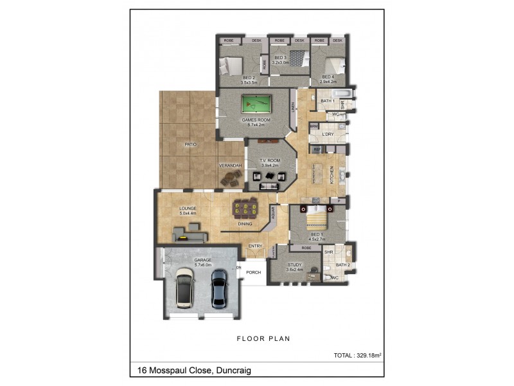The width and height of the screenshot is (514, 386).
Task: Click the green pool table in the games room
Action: click(255, 104)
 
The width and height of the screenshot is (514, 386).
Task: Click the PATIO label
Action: click(190, 145)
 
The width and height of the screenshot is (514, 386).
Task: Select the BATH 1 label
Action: click(328, 101)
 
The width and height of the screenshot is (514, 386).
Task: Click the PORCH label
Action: click(253, 271)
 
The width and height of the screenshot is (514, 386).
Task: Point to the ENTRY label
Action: click(255, 245)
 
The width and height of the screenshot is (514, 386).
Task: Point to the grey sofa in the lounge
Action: click(186, 230)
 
